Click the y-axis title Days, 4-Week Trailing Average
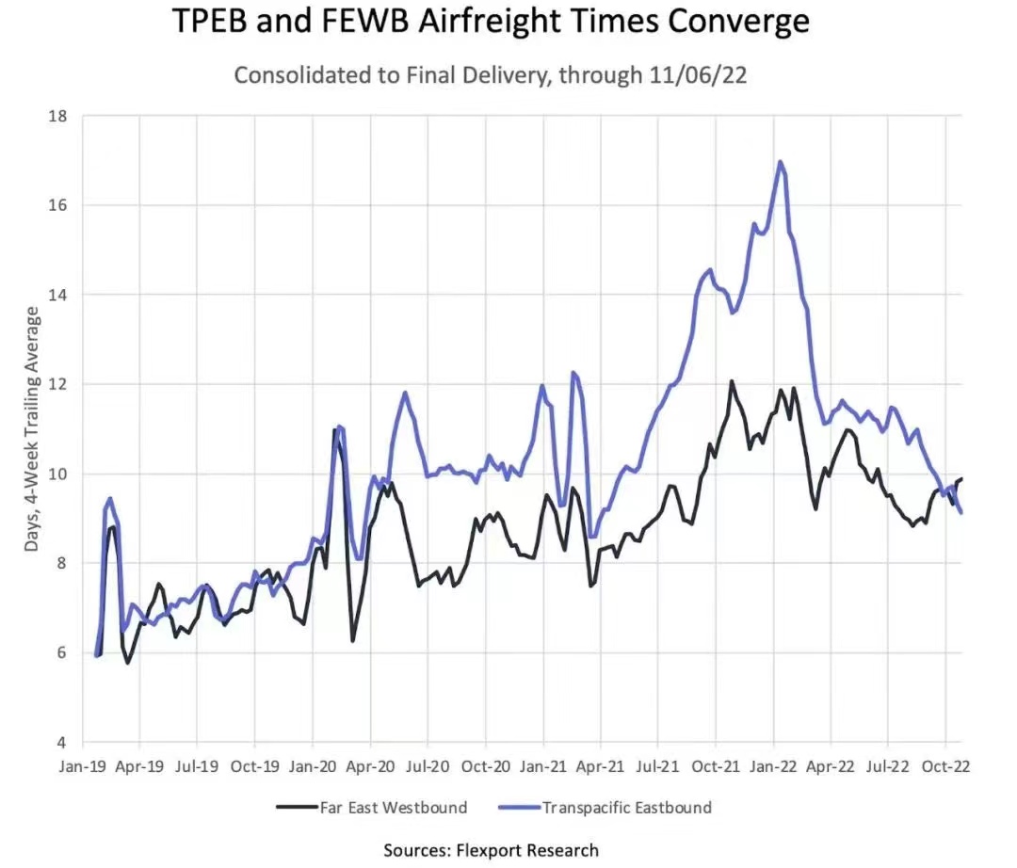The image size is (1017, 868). [34, 429]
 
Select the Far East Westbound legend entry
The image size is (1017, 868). [371, 807]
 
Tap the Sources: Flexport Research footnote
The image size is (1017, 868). [491, 850]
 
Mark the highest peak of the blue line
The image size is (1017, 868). [780, 162]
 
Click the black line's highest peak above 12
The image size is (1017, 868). [731, 382]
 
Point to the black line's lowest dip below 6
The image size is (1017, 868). [127, 662]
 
